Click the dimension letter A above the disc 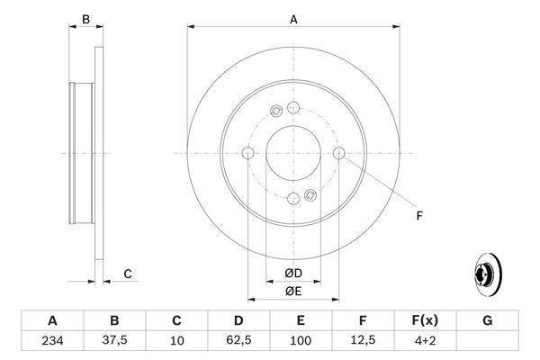click(x=293, y=18)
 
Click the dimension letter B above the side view click(x=86, y=18)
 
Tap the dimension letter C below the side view click(x=128, y=274)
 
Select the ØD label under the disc click(x=292, y=274)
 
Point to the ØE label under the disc click(x=292, y=291)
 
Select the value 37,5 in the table click(x=114, y=341)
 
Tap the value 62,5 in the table click(x=238, y=341)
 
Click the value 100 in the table click(x=301, y=341)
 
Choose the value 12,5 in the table click(x=363, y=341)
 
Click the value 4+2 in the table click(x=425, y=341)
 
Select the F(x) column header click(x=425, y=321)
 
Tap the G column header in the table click(x=487, y=321)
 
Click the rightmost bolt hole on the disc click(x=338, y=153)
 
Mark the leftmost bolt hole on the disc click(x=247, y=153)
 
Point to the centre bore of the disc click(x=293, y=153)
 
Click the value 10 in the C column click(x=176, y=341)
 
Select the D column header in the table click(x=238, y=321)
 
